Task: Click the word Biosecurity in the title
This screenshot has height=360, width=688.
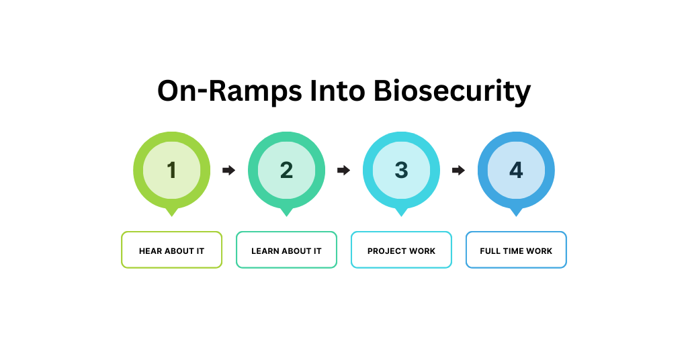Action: click(452, 91)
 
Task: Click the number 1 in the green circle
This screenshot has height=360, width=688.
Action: click(172, 171)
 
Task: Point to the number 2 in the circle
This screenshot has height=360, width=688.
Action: click(287, 171)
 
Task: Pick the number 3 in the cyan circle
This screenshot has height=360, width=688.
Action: click(401, 171)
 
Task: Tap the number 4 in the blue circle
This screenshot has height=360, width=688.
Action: click(516, 171)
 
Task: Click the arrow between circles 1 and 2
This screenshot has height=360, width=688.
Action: click(228, 171)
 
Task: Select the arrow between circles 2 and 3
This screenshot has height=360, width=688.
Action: click(343, 171)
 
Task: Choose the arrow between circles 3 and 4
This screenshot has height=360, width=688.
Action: click(458, 171)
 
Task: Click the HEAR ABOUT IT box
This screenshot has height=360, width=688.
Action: click(171, 250)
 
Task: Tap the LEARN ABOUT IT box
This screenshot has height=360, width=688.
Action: click(286, 250)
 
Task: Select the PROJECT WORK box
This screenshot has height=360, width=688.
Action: click(401, 250)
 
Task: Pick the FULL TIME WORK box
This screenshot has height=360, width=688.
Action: click(516, 250)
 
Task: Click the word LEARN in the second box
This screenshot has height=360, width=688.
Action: click(265, 251)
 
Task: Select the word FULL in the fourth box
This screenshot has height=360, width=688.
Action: click(490, 251)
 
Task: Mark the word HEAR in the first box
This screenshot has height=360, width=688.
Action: click(150, 251)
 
